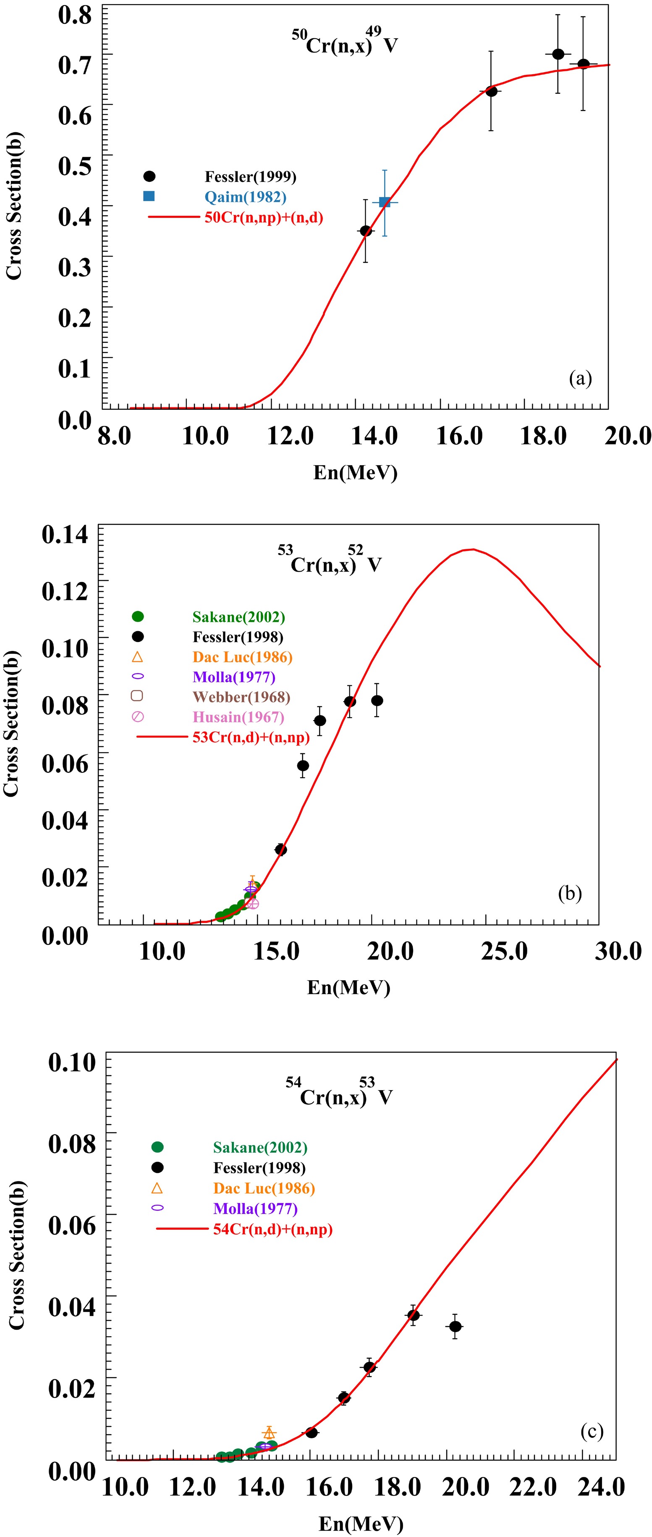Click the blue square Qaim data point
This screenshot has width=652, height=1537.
(385, 202)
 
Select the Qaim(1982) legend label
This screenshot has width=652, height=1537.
(245, 197)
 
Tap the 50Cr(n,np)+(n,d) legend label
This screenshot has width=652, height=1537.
(264, 217)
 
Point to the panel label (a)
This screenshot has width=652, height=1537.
(580, 378)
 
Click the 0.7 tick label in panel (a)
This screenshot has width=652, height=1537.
(75, 64)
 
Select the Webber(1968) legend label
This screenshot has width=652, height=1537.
(241, 697)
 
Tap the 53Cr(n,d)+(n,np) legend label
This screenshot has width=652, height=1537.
(251, 737)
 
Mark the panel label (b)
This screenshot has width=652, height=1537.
(569, 893)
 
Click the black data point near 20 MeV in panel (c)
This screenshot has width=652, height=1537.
(455, 1326)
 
